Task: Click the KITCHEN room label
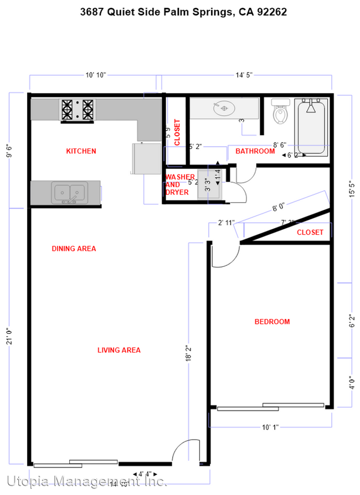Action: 81,151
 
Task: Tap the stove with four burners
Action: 78,109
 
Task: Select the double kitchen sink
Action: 69,192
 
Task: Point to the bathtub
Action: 311,128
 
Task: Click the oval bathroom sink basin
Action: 224,108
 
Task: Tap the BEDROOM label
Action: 272,322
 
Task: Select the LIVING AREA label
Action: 119,350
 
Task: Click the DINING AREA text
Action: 74,249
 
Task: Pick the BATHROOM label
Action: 255,151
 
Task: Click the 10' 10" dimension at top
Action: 95,75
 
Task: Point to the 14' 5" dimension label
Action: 246,75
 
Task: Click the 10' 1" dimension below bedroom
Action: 270,427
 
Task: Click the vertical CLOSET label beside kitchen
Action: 177,133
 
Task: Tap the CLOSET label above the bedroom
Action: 310,233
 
